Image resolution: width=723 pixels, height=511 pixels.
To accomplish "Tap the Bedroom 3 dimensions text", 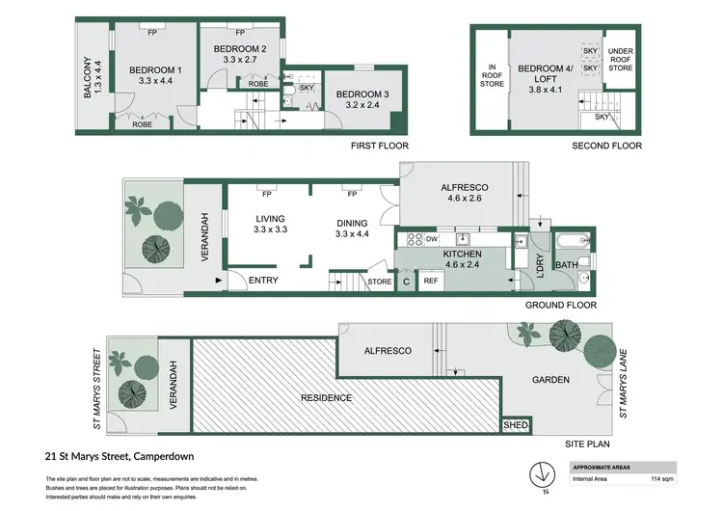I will tap(357, 105).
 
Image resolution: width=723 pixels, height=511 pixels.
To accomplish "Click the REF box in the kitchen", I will tap(431, 281).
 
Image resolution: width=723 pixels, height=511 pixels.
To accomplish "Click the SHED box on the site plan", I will tap(516, 424).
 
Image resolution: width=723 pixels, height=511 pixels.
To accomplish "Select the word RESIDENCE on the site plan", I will tap(325, 397).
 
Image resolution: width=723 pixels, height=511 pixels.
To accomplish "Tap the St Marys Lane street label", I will tap(623, 383).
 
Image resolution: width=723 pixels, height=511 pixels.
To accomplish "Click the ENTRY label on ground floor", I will tap(263, 281).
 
